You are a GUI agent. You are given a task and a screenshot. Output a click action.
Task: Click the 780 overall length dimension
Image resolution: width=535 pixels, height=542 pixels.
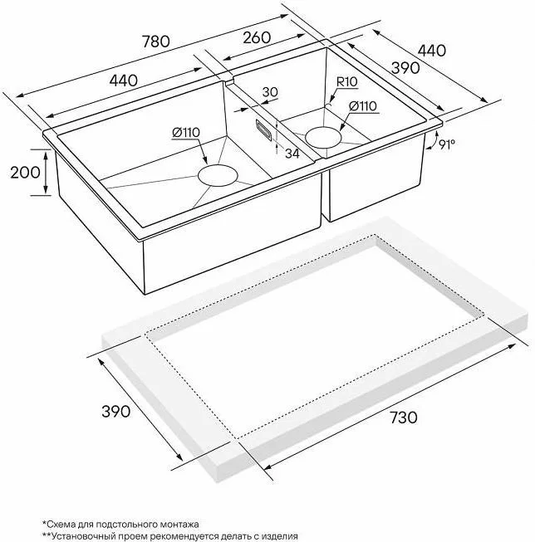[156, 42]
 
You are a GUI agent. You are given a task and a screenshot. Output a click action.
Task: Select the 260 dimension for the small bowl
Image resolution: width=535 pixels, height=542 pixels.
[257, 37]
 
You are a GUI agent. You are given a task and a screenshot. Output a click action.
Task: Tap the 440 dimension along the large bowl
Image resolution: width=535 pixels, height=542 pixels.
[124, 81]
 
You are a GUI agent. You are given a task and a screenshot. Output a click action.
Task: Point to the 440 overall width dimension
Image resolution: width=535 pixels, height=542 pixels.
[432, 51]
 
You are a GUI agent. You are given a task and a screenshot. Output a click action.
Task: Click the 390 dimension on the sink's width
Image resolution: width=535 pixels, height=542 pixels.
[405, 68]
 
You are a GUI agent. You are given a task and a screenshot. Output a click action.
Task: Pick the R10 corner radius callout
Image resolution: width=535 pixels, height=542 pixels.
[347, 82]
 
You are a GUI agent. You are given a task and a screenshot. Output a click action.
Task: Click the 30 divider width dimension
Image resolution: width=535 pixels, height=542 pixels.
[270, 92]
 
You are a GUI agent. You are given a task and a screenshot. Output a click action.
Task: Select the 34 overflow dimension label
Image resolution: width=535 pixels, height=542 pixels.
[292, 153]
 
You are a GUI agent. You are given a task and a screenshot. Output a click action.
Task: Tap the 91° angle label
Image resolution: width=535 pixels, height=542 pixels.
[446, 144]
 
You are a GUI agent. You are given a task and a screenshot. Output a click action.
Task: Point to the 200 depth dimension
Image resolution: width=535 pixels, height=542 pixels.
[25, 172]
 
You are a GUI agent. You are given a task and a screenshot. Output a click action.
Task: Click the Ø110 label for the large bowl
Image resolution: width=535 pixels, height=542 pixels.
[186, 133]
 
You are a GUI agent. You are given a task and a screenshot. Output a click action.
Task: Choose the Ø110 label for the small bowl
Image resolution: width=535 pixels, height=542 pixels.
[363, 106]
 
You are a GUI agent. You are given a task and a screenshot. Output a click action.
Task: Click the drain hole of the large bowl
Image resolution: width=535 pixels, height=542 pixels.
[218, 176]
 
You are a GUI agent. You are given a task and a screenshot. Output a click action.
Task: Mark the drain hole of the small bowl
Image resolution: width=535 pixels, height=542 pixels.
[324, 137]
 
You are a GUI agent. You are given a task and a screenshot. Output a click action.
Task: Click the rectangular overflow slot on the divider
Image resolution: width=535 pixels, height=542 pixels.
[263, 129]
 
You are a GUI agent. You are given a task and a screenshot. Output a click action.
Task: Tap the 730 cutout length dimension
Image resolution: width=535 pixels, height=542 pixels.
[404, 417]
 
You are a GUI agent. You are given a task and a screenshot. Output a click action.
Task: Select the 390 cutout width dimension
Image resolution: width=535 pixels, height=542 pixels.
[116, 412]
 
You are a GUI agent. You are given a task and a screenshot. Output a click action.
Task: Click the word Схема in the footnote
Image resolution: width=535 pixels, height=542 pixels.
[59, 525]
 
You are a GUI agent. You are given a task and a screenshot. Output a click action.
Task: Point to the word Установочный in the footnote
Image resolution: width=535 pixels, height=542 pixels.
[77, 536]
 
